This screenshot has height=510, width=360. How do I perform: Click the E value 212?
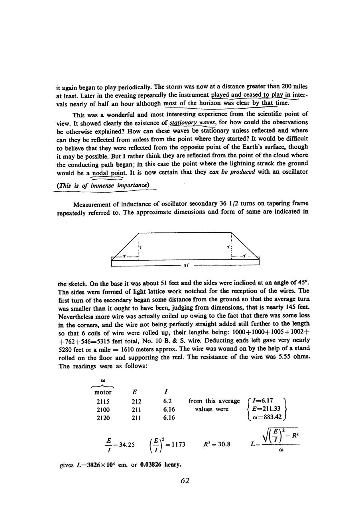click(130, 401)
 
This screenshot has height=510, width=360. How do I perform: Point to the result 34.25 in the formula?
click(125, 443)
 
